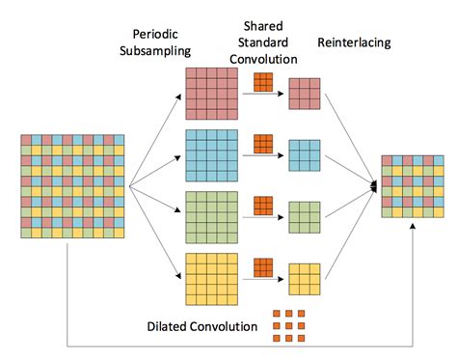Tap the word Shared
point(261,11)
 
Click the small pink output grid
point(303,93)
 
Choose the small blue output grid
point(303,154)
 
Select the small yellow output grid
point(303,278)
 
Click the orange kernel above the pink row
point(262,83)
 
